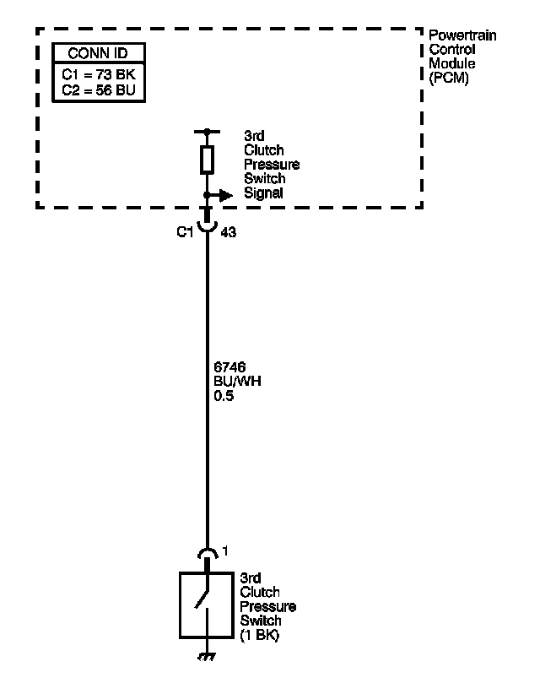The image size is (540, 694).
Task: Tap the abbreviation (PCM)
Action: (x=449, y=79)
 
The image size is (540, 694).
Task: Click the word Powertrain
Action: (x=463, y=35)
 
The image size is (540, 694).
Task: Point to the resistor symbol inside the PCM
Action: (x=206, y=160)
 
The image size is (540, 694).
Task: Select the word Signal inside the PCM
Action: (x=263, y=193)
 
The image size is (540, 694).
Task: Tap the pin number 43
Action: (x=227, y=232)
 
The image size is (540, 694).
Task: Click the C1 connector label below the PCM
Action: (x=186, y=232)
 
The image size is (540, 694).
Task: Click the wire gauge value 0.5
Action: (x=225, y=394)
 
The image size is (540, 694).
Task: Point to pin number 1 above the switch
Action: (x=224, y=551)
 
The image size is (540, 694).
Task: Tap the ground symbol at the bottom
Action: (x=206, y=656)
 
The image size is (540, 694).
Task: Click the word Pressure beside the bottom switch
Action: (x=267, y=607)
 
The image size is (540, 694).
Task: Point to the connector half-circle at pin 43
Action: (x=206, y=228)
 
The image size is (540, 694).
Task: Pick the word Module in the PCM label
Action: (x=451, y=64)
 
